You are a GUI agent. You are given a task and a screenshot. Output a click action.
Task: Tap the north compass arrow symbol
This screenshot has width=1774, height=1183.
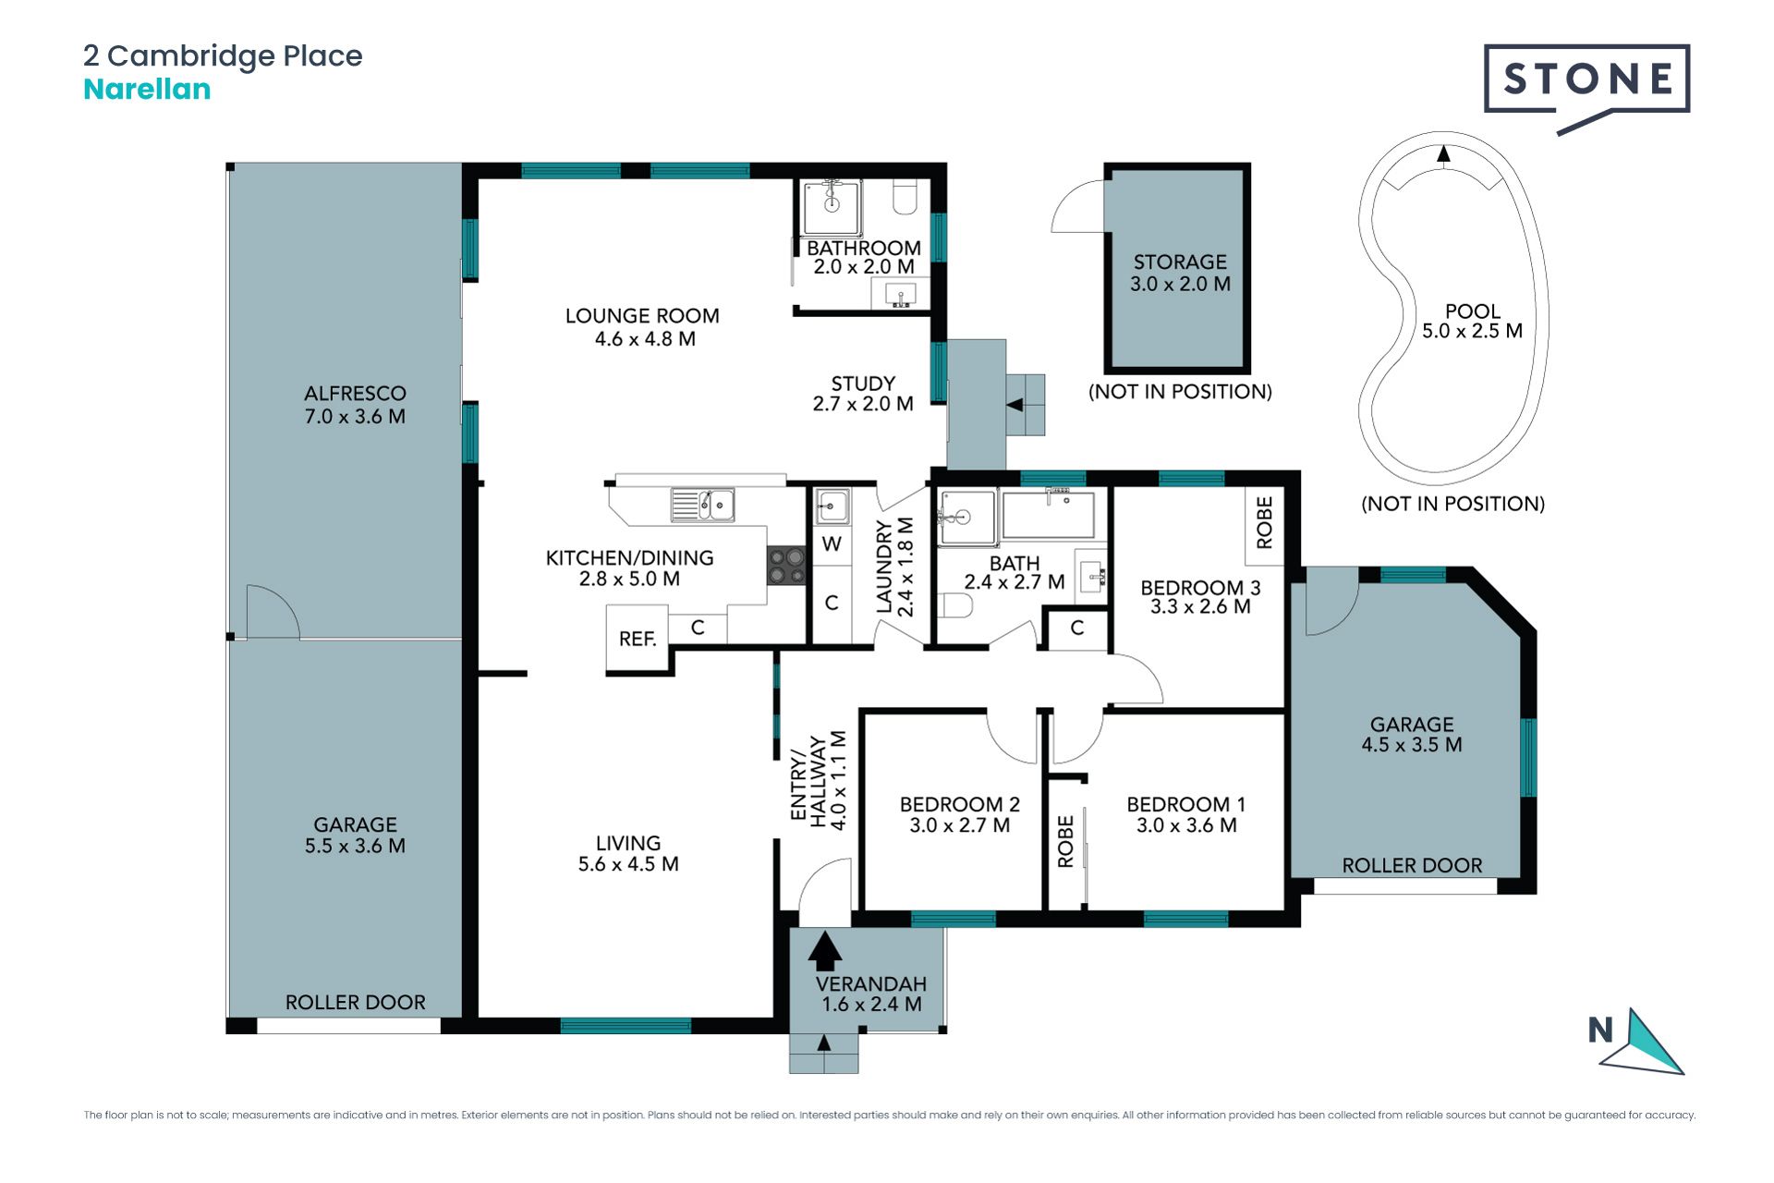click(1641, 1043)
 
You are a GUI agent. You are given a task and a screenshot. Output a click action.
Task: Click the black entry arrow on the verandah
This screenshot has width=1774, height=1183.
click(825, 951)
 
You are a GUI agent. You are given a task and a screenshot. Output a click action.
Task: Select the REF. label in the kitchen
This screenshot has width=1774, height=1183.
click(638, 639)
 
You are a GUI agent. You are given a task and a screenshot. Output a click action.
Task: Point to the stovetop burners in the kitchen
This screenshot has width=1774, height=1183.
click(786, 566)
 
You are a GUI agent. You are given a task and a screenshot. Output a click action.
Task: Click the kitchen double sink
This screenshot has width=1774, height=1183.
click(703, 505)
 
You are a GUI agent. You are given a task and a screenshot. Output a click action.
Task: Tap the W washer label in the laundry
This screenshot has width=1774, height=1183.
click(832, 544)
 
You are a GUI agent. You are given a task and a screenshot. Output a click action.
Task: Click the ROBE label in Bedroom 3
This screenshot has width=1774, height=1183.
click(1265, 522)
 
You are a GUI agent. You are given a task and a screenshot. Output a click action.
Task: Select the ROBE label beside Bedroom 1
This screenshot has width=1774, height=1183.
click(1065, 841)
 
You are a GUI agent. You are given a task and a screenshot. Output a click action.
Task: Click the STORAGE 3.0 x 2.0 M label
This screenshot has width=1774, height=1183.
click(1180, 274)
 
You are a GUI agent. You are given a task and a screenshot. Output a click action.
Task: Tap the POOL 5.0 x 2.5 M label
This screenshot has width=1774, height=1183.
click(1472, 321)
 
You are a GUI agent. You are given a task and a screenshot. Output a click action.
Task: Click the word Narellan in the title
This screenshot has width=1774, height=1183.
click(147, 90)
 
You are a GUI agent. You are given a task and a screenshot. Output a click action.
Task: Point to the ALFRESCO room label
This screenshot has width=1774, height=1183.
click(355, 394)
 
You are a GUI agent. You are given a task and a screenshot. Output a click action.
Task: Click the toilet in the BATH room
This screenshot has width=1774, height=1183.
click(955, 606)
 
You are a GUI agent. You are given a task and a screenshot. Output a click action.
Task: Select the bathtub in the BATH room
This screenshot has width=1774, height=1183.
click(1049, 515)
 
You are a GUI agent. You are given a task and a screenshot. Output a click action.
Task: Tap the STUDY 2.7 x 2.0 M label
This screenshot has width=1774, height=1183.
click(863, 394)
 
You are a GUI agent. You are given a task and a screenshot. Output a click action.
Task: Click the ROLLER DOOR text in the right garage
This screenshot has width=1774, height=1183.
click(1412, 866)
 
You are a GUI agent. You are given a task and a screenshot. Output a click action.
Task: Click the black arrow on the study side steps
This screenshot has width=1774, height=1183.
click(1015, 405)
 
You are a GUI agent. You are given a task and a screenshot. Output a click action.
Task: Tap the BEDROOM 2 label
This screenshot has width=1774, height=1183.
click(960, 805)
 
